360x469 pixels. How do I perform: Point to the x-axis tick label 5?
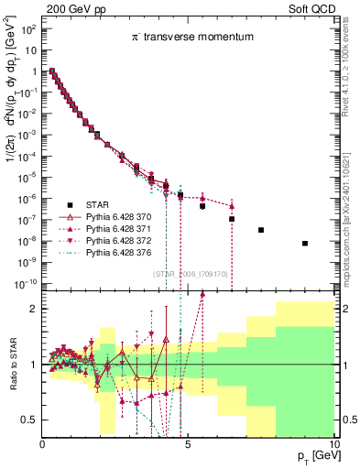point(187,446)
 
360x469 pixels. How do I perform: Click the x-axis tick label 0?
point(42,446)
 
